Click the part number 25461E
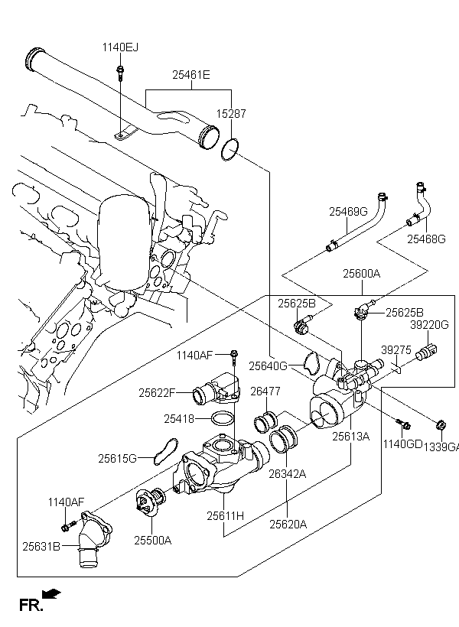coord(190,75)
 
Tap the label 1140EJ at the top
coord(121,48)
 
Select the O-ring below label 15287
coord(229,149)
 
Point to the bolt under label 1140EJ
coord(121,73)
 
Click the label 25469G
coord(349,211)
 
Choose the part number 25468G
coord(426,239)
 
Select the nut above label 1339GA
coord(441,424)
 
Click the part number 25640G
coord(268,366)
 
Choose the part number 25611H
coord(225,516)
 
